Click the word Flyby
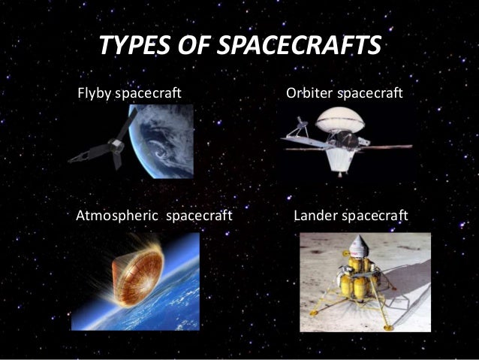pos(94,95)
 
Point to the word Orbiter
pos(309,95)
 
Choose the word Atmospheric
pos(117,218)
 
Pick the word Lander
pos(315,218)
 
